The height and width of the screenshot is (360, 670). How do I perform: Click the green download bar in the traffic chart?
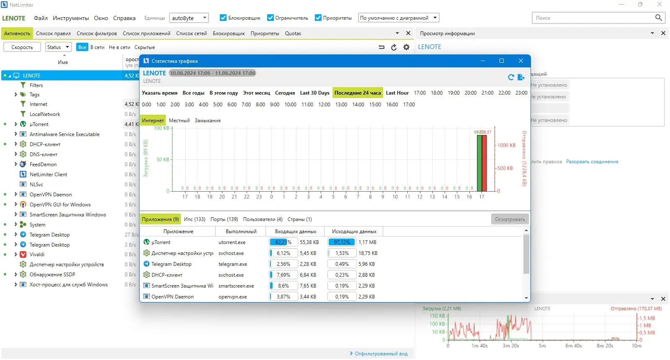click(479, 163)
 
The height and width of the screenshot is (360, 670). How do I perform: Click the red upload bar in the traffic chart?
click(484, 163)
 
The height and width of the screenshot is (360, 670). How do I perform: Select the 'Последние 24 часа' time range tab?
click(358, 93)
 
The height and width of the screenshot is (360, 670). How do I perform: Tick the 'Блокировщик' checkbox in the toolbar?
click(223, 18)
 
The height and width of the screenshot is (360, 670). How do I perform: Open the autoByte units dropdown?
click(189, 18)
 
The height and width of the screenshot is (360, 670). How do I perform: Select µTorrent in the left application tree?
click(39, 124)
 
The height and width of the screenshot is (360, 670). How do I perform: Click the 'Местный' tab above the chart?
click(179, 121)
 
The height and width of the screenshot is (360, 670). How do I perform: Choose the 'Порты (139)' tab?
click(224, 219)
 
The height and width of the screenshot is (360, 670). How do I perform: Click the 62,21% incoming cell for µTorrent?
click(283, 242)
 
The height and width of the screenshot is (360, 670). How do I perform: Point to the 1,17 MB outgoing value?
click(367, 242)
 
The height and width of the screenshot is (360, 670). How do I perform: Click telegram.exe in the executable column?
click(233, 264)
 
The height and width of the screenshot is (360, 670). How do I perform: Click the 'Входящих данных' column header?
click(296, 231)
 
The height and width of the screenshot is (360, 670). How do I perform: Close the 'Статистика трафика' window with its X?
click(521, 61)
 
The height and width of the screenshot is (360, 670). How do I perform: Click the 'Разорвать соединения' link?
click(592, 162)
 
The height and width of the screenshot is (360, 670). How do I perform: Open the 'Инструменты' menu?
click(71, 18)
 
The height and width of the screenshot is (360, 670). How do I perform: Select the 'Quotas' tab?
click(293, 33)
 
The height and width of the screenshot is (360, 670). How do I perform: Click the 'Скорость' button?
click(22, 47)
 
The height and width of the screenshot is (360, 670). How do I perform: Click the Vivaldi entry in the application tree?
click(37, 255)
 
